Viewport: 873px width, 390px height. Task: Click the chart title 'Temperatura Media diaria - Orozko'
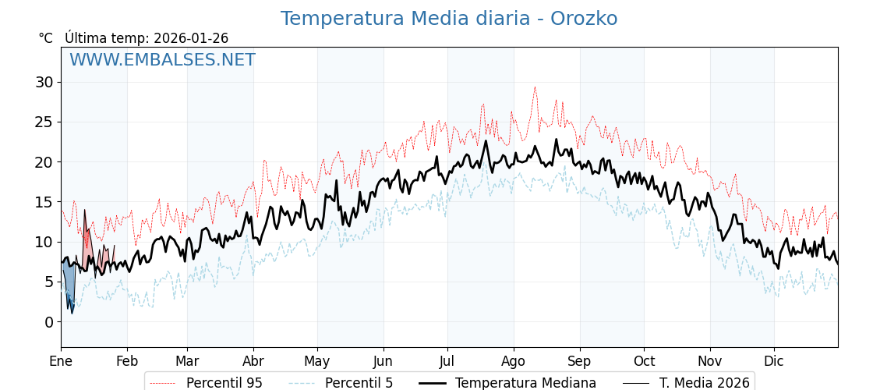tap(448, 19)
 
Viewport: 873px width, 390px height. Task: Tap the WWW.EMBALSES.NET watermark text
tap(162, 60)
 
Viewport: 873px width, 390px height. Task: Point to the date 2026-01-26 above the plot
tap(191, 38)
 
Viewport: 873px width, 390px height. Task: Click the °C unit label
tap(45, 38)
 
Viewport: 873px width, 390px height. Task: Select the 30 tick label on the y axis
tap(44, 82)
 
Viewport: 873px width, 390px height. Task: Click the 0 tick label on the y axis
tap(48, 321)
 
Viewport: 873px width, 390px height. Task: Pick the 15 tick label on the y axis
tap(44, 202)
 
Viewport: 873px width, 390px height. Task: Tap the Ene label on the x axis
tap(61, 361)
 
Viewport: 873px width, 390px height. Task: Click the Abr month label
tap(253, 361)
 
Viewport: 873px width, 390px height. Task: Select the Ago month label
tap(514, 361)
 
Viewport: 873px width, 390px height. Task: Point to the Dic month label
tap(774, 361)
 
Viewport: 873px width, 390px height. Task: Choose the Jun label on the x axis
tap(383, 361)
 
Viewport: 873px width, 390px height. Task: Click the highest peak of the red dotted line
tap(535, 87)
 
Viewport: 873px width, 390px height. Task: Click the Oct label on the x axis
tap(644, 361)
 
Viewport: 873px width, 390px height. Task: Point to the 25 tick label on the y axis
tap(44, 122)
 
